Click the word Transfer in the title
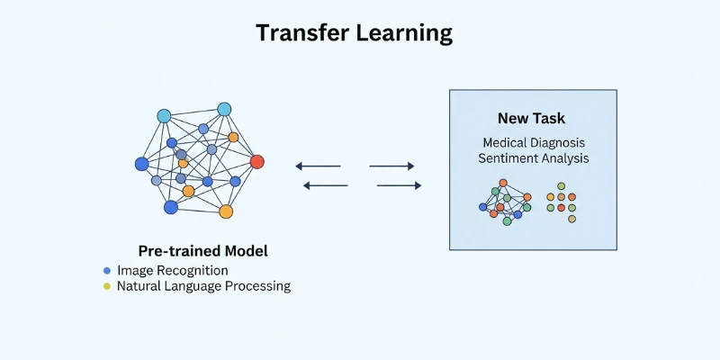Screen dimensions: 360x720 pyautogui.click(x=301, y=33)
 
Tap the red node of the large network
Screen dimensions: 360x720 pyautogui.click(x=256, y=162)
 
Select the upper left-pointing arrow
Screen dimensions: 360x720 pyautogui.click(x=319, y=166)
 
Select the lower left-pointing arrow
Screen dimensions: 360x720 pyautogui.click(x=326, y=185)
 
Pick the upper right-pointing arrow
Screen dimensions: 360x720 pyautogui.click(x=391, y=166)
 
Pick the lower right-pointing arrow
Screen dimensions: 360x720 pyautogui.click(x=399, y=185)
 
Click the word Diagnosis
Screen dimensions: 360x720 pyautogui.click(x=559, y=142)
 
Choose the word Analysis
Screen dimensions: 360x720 pyautogui.click(x=565, y=159)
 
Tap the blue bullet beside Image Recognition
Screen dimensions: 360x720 pyautogui.click(x=107, y=270)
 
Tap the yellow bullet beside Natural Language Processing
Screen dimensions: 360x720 pyautogui.click(x=107, y=286)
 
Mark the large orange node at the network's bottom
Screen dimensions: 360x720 pyautogui.click(x=226, y=211)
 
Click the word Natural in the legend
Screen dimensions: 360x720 pyautogui.click(x=139, y=286)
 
